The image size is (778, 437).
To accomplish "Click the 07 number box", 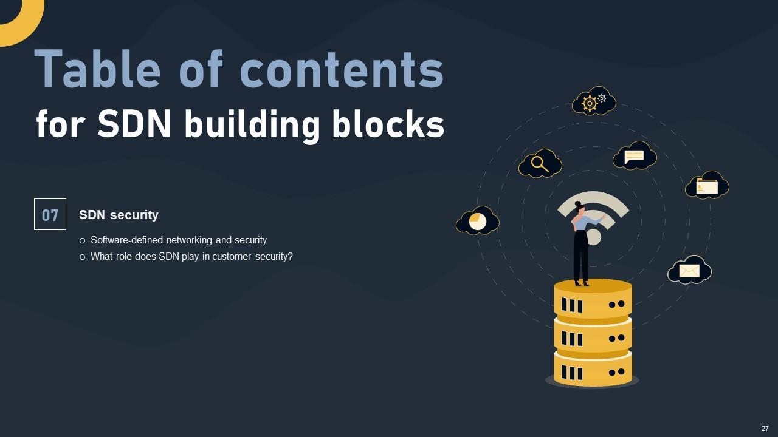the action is point(50,214).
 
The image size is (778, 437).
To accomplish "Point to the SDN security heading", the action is point(119,215).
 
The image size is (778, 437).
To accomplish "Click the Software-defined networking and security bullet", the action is point(178,240).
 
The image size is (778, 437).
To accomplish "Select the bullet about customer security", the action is point(191,256).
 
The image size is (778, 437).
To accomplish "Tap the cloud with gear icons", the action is point(594,101).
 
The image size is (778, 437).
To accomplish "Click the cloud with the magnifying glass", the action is point(540,164).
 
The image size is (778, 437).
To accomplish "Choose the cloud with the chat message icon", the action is point(635,156).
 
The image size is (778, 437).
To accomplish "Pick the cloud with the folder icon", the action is point(707,185).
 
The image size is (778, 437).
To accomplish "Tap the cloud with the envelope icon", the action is point(689,271).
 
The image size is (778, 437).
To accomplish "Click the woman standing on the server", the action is point(582,243).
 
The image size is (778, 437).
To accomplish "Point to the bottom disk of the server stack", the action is point(593,369).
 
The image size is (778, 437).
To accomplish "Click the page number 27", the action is point(765,429).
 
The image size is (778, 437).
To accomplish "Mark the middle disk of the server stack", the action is point(593,335).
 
